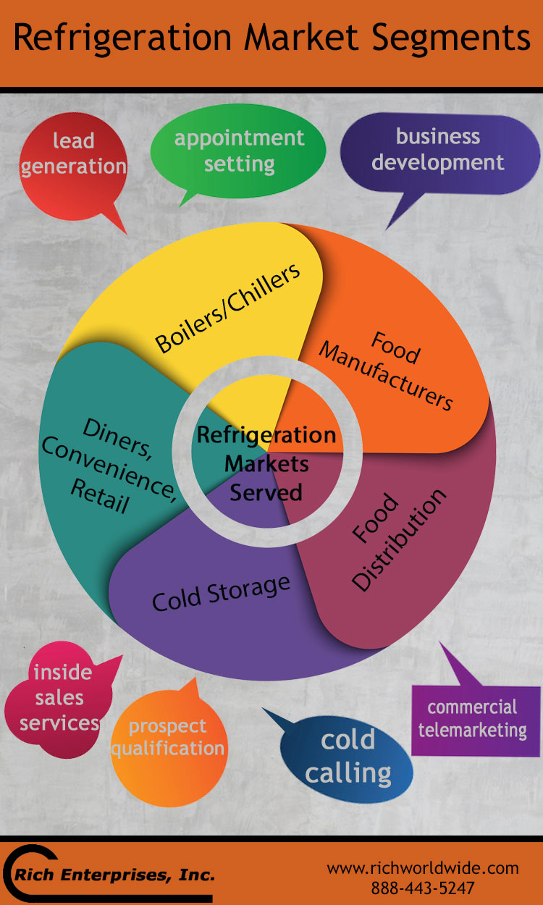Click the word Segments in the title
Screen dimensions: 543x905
point(450,39)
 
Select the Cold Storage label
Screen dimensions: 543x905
point(221,593)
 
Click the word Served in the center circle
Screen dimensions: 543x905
point(266,492)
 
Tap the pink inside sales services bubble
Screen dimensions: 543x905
point(60,698)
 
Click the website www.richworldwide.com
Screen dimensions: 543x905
point(423,868)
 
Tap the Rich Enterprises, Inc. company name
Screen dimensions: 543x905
point(114,875)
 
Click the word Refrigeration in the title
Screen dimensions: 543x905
point(122,39)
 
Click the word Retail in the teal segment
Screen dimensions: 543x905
point(100,496)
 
